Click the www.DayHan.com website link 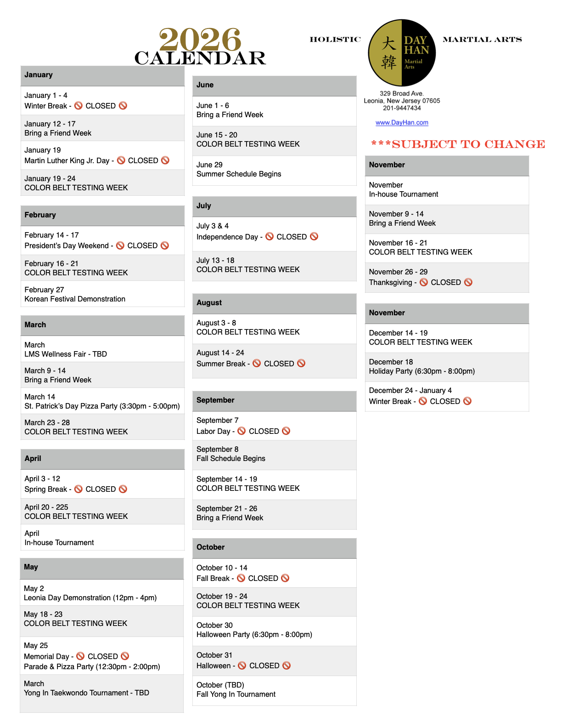point(402,123)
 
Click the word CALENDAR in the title point(200,58)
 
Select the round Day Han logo point(402,53)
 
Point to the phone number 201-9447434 point(402,108)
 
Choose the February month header point(40,215)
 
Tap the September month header point(215,400)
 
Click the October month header point(211,547)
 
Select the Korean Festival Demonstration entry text point(75,299)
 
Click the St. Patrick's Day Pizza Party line point(102,406)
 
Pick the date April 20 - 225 point(46,507)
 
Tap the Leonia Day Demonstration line point(90,598)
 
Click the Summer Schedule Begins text point(239,174)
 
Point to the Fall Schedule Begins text point(231,459)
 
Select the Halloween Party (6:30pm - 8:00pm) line point(254,635)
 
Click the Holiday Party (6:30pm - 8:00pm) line point(422,371)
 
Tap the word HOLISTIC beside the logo point(335,40)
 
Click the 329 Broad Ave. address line point(402,93)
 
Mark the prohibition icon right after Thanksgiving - point(424,282)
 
